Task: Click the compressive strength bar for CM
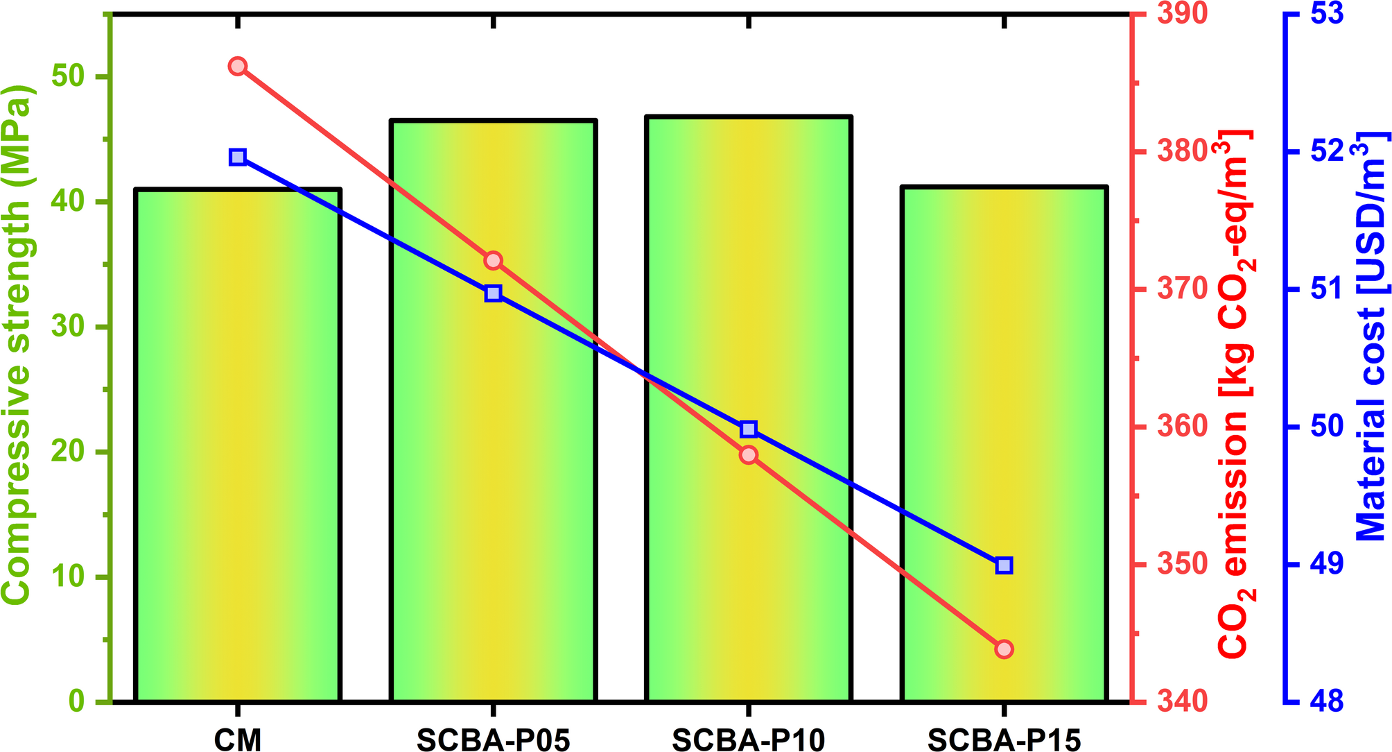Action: click(x=238, y=444)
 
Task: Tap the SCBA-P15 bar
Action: click(x=1004, y=444)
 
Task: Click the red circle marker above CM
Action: click(x=238, y=67)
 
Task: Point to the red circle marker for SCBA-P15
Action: click(x=1004, y=649)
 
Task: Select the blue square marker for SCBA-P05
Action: click(x=493, y=293)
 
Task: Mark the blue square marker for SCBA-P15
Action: click(x=1004, y=565)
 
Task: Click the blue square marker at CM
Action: click(x=238, y=157)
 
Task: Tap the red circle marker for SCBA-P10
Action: click(x=748, y=455)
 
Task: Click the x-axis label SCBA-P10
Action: click(x=748, y=741)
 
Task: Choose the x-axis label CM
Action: click(x=238, y=741)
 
